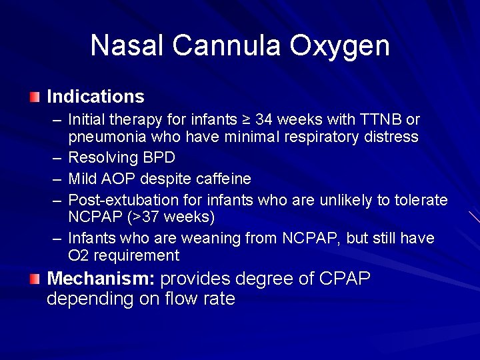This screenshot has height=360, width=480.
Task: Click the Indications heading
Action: pyautogui.click(x=95, y=97)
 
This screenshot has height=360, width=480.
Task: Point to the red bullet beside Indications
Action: pyautogui.click(x=35, y=97)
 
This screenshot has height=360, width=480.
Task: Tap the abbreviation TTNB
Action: pyautogui.click(x=379, y=120)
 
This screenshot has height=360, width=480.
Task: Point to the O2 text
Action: pyautogui.click(x=78, y=256)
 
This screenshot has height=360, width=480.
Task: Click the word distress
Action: pyautogui.click(x=393, y=137)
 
